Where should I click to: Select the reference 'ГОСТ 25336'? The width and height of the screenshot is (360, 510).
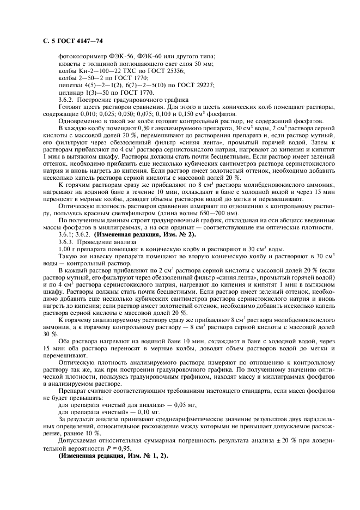[x=166, y=71]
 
